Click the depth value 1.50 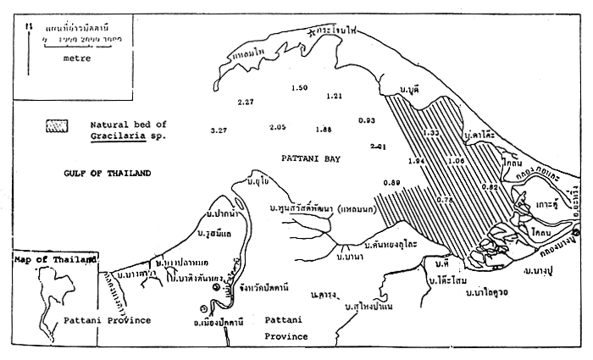299,88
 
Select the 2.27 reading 246,102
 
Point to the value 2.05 277,127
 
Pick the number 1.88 323,130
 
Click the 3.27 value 219,130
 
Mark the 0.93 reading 367,120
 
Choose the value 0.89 391,183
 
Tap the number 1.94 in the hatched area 416,160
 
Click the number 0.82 490,186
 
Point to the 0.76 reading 445,199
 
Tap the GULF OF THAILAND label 107,173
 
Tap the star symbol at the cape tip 314,32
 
